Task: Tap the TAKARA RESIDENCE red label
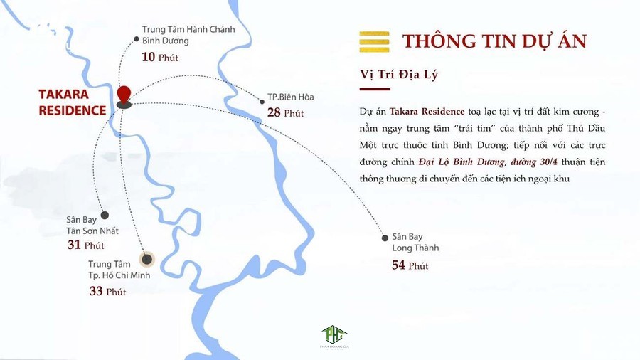point(73,102)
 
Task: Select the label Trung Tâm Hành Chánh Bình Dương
point(188,35)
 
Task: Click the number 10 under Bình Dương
point(149,57)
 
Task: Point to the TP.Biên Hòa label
point(291,97)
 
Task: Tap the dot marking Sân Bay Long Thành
point(385,238)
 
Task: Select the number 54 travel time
point(399,265)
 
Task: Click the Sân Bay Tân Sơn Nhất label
point(92,226)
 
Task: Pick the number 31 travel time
point(75,245)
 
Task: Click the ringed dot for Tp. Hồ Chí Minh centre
point(147,259)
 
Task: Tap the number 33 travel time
point(96,291)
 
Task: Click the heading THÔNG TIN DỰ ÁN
point(494,41)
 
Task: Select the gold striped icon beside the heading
point(375,41)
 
